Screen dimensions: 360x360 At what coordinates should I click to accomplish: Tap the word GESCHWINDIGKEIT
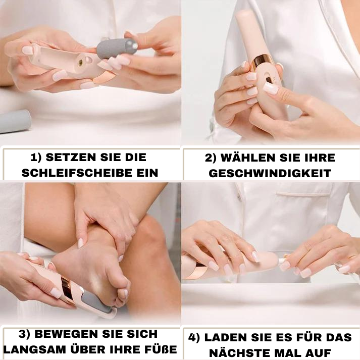coord(270,173)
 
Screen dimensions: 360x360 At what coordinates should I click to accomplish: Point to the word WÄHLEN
coord(248,157)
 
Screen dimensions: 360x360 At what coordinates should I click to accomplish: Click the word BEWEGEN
coord(66,334)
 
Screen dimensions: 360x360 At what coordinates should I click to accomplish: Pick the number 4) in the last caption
coord(194,338)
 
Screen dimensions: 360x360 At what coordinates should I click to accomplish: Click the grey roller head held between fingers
coord(117,48)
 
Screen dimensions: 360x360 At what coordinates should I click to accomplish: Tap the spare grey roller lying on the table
coord(14,121)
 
